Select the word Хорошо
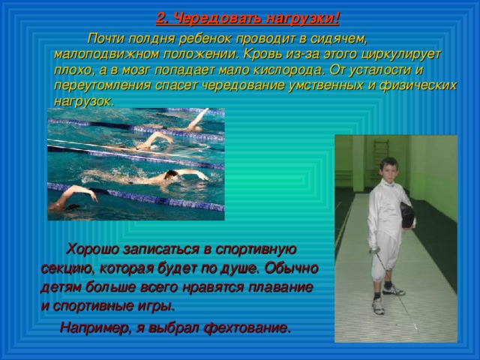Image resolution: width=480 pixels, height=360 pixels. [x=96, y=249]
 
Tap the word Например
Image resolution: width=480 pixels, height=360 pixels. [x=92, y=328]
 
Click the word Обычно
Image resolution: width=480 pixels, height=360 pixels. [x=294, y=268]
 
